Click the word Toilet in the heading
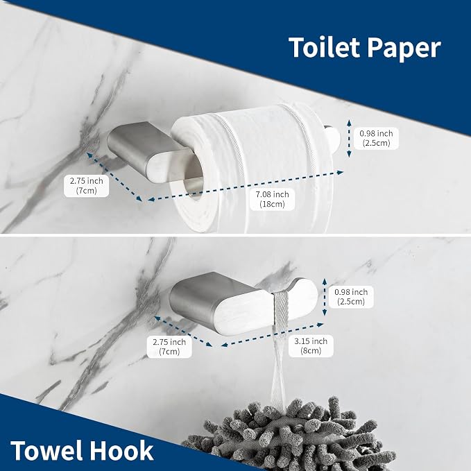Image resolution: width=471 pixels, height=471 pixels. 324,47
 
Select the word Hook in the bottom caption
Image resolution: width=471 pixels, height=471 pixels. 122,451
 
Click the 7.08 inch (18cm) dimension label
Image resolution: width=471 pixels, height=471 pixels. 272,199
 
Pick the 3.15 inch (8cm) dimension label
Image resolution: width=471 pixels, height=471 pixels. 311,345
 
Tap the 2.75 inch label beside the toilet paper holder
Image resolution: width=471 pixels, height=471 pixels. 86,186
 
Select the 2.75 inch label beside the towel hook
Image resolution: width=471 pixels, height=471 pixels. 169,347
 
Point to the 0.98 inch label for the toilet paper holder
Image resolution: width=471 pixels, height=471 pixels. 376,138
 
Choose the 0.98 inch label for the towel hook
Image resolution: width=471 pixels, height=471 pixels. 351,296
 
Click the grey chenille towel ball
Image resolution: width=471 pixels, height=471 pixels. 289,436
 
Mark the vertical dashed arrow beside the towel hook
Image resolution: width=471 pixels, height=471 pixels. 324,297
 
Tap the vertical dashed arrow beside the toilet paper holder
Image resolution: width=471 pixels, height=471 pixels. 349,138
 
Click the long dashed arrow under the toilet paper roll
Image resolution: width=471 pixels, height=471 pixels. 246,186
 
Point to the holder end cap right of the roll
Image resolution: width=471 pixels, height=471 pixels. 334,139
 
